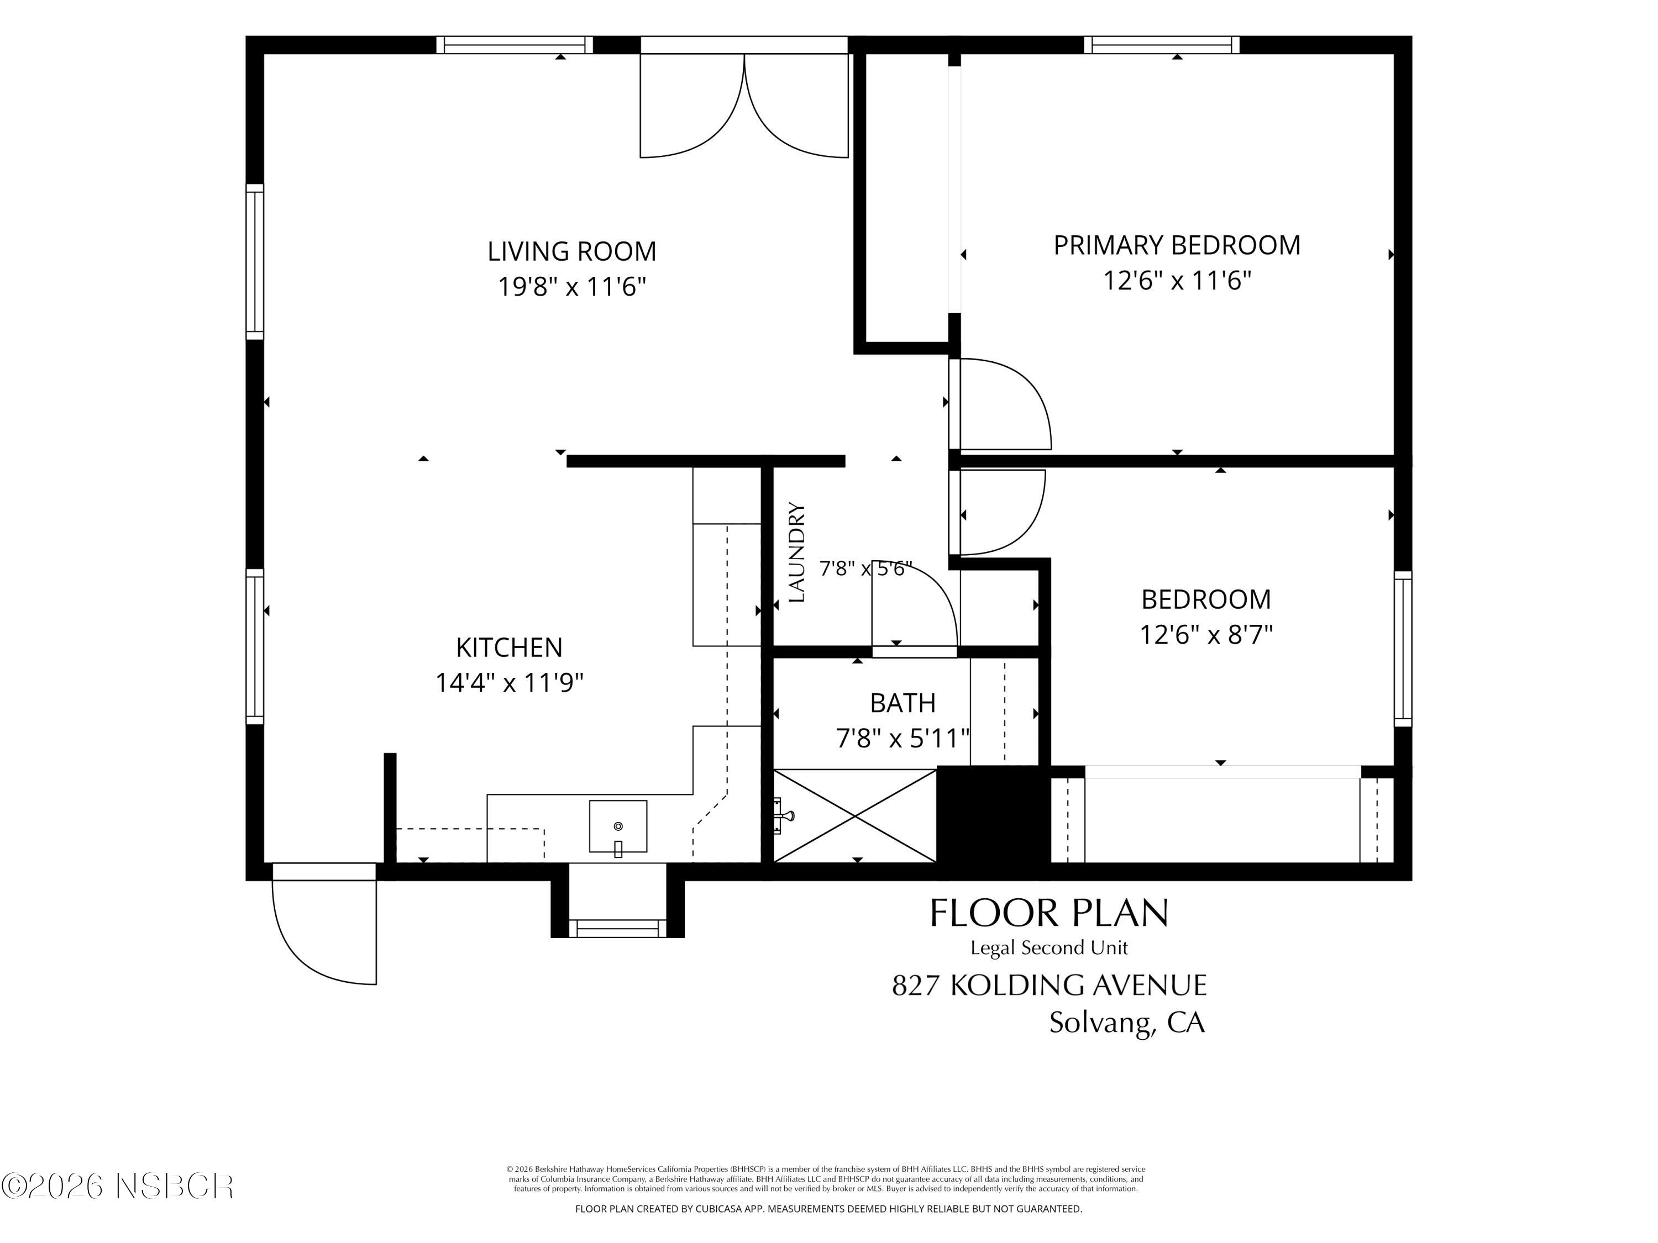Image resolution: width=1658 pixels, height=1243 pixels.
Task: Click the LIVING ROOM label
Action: (572, 251)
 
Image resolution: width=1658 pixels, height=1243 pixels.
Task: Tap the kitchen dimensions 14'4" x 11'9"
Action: (510, 683)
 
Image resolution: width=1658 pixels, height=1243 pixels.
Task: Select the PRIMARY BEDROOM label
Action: (1177, 245)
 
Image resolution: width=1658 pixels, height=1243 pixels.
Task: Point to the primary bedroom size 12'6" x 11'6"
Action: (1177, 280)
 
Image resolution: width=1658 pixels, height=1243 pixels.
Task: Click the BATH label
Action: (903, 703)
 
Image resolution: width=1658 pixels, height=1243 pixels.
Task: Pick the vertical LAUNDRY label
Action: (797, 552)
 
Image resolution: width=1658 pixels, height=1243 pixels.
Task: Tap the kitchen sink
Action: (618, 826)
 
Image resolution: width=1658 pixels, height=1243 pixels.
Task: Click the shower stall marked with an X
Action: (854, 816)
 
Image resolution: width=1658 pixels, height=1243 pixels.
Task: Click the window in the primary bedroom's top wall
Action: (1162, 45)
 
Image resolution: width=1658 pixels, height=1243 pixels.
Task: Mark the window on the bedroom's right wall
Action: (1403, 649)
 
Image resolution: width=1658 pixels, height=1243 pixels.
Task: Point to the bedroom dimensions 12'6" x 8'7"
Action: (1206, 635)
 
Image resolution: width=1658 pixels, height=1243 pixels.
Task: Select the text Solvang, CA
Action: (1126, 1023)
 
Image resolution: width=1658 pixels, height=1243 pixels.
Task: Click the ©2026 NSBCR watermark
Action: (118, 1186)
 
